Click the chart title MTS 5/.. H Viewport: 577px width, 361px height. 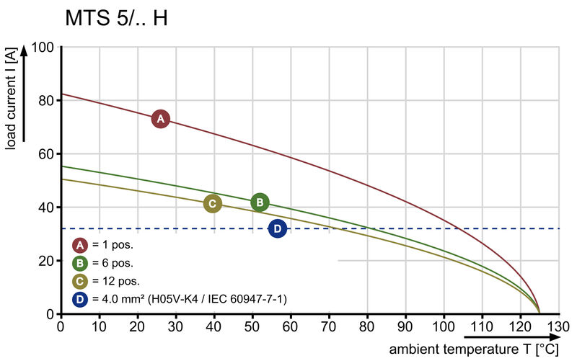click(116, 18)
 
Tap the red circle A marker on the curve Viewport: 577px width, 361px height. click(160, 119)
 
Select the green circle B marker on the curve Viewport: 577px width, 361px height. click(260, 202)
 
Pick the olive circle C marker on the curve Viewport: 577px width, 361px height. click(212, 203)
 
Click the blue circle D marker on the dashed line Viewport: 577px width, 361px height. click(278, 228)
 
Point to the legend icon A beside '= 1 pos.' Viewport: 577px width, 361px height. click(80, 245)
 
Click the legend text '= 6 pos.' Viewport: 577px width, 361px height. click(113, 263)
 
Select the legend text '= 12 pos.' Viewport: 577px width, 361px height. click(116, 281)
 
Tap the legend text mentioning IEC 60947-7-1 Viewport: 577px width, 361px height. click(189, 299)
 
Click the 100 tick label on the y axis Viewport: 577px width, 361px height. click(43, 48)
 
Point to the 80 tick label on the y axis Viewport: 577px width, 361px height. click(46, 100)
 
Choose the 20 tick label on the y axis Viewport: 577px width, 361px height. click(46, 261)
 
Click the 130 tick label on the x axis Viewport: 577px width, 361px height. click(558, 326)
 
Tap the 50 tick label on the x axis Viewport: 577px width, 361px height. click(252, 326)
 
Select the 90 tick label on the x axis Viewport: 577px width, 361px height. click(405, 326)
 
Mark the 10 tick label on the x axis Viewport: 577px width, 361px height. click(99, 326)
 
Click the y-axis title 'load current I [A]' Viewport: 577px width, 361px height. click(11, 99)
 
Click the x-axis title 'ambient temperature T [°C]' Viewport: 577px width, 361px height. click(474, 349)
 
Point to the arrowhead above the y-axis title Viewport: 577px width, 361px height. click(24, 50)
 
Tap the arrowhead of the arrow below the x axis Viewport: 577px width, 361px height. click(555, 337)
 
